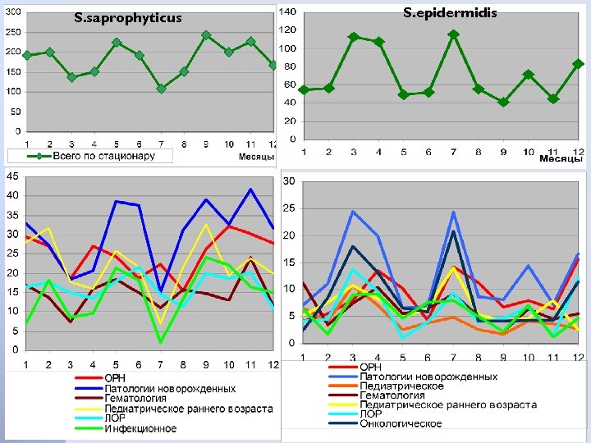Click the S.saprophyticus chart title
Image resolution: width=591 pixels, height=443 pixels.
[x=127, y=18]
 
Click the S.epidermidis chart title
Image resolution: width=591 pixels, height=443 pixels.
[x=450, y=13]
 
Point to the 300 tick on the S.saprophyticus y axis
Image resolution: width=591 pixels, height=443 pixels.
[x=13, y=11]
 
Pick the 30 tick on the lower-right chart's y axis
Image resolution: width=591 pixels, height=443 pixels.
[x=288, y=181]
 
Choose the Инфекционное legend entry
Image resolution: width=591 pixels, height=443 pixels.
[x=140, y=428]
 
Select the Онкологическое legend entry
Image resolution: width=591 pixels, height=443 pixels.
[x=401, y=424]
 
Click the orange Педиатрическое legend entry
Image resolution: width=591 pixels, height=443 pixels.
[x=401, y=386]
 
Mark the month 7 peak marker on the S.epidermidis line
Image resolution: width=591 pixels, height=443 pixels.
[x=453, y=34]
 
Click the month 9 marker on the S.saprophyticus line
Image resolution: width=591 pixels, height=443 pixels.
[x=206, y=35]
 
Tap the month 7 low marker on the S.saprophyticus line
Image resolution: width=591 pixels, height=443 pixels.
[x=161, y=89]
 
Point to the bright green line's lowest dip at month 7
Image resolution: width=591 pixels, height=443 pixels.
[x=162, y=341]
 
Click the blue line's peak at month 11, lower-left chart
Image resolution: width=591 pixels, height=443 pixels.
[x=250, y=190]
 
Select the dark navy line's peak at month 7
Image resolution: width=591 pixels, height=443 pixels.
[x=453, y=231]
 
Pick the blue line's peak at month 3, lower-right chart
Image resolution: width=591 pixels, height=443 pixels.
[x=353, y=212]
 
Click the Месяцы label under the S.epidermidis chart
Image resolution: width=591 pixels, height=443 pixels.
[x=560, y=159]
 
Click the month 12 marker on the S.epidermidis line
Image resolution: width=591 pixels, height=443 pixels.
[x=578, y=64]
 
